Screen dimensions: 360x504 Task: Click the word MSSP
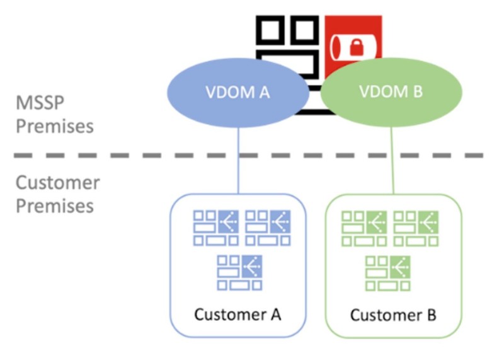click(x=42, y=103)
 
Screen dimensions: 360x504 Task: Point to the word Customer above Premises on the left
click(x=57, y=183)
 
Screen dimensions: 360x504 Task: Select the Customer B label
click(x=393, y=314)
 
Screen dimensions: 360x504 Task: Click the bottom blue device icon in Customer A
click(x=240, y=272)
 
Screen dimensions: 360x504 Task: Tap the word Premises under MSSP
click(x=55, y=125)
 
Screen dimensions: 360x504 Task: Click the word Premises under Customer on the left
click(x=55, y=206)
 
